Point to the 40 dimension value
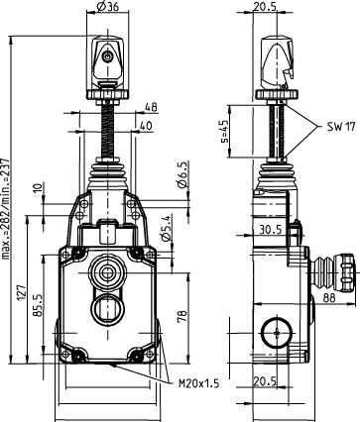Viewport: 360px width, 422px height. click(x=147, y=126)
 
